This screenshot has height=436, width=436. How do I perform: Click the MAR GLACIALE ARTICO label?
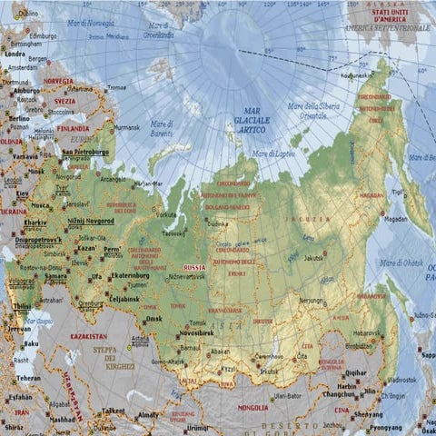pos(246,121)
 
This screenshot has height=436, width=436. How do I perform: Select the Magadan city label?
pos(394,219)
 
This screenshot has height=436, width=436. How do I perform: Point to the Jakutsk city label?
pos(338,258)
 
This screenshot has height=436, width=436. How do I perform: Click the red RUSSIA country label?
pos(194,268)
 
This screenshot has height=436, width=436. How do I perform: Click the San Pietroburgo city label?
pos(85,152)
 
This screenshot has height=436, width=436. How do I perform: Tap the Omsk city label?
pos(153,318)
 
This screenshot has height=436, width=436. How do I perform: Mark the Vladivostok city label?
pos(401,380)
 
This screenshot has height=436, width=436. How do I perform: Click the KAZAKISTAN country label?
pos(88,336)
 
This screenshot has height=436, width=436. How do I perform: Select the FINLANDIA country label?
pos(74,128)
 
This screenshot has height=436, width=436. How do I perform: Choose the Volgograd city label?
pos(22,281)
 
